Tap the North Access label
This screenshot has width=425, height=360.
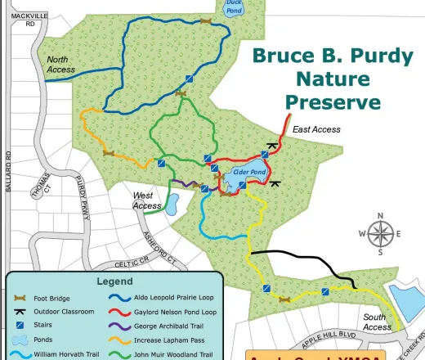coord(61,65)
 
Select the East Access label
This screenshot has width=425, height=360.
coord(316,129)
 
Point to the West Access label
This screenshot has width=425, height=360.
coord(147,200)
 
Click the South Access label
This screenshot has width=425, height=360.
coord(377,322)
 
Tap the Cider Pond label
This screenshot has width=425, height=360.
coord(249,173)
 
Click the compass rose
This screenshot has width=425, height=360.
coord(380,234)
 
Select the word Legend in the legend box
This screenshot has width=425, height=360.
coord(114,281)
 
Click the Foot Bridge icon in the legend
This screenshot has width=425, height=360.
coord(22,297)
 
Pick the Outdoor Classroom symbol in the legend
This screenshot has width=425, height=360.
coord(22,311)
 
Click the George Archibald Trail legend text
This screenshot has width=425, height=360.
coord(168,326)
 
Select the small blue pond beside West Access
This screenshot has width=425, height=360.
coord(172,204)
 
